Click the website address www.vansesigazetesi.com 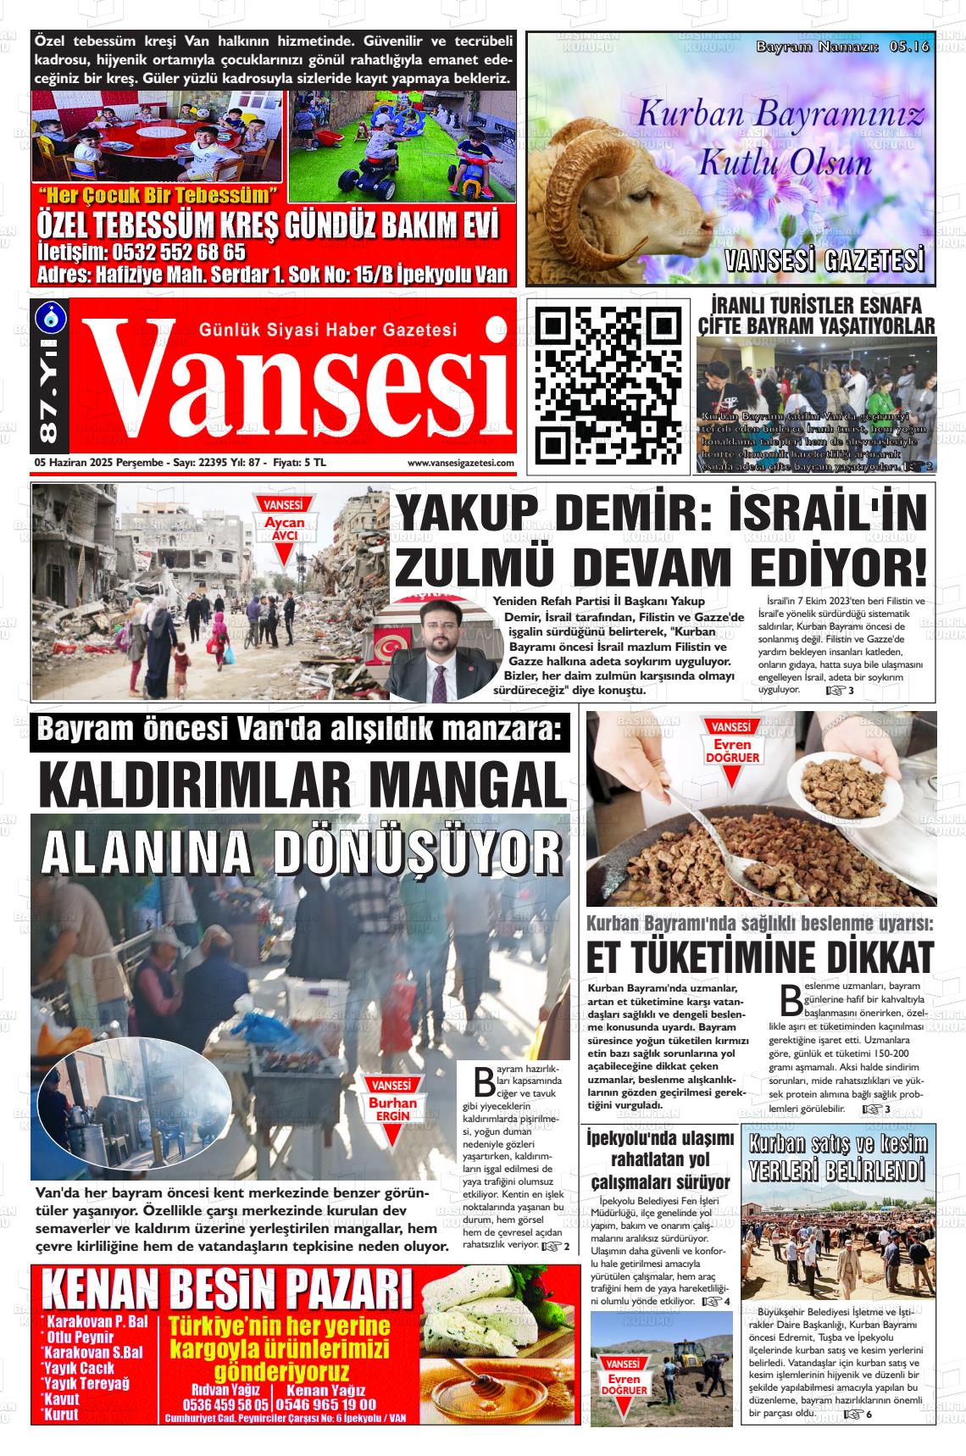click(x=460, y=463)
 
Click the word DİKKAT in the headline click(x=867, y=957)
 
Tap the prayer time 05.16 click(x=908, y=47)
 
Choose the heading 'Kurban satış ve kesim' click(x=838, y=1144)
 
